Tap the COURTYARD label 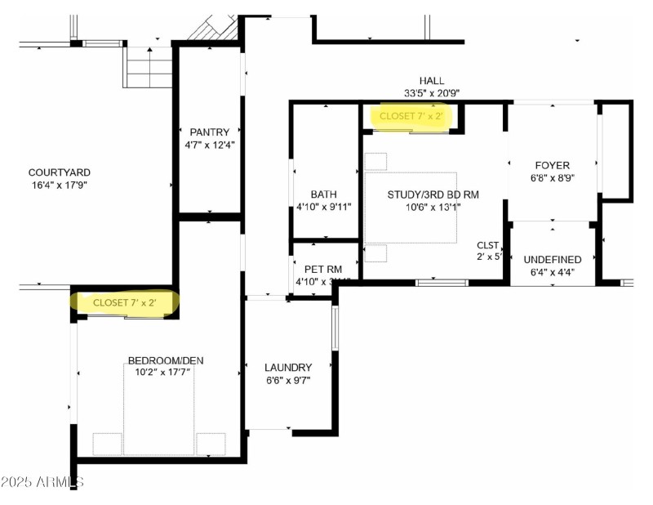pyautogui.click(x=60, y=172)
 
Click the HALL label pyautogui.click(x=432, y=81)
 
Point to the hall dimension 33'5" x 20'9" pyautogui.click(x=432, y=93)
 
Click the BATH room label pyautogui.click(x=323, y=194)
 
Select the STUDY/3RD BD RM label pyautogui.click(x=433, y=194)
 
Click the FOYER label pyautogui.click(x=553, y=165)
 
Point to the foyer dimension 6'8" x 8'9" pyautogui.click(x=553, y=178)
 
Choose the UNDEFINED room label pyautogui.click(x=553, y=259)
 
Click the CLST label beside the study pyautogui.click(x=488, y=245)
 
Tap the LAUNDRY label pyautogui.click(x=288, y=368)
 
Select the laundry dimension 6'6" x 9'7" pyautogui.click(x=288, y=380)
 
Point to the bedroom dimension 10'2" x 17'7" pyautogui.click(x=160, y=373)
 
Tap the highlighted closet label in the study pyautogui.click(x=411, y=117)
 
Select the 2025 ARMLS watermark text pyautogui.click(x=42, y=482)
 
